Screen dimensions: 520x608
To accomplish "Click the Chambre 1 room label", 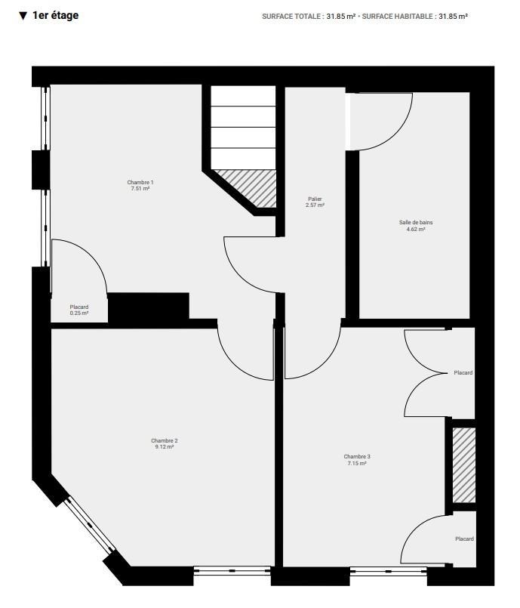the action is pyautogui.click(x=140, y=182).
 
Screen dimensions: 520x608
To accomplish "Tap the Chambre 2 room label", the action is pyautogui.click(x=165, y=440).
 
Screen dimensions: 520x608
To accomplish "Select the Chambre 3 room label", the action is pyautogui.click(x=357, y=456).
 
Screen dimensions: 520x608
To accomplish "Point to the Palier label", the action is pyautogui.click(x=315, y=199).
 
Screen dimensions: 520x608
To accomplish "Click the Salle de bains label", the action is pyautogui.click(x=416, y=223).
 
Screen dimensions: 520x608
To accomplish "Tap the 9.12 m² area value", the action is pyautogui.click(x=165, y=446).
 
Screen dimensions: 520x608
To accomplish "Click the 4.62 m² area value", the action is pyautogui.click(x=416, y=229).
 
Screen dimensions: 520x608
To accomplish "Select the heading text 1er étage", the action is pyautogui.click(x=56, y=16).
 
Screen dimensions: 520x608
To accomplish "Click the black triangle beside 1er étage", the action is pyautogui.click(x=23, y=16).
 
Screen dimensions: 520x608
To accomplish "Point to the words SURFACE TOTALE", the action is pyautogui.click(x=291, y=17).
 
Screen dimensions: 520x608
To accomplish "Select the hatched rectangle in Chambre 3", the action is pyautogui.click(x=464, y=465).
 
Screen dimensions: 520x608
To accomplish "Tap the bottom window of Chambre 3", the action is pyautogui.click(x=388, y=570).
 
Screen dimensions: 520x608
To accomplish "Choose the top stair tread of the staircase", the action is pyautogui.click(x=243, y=96).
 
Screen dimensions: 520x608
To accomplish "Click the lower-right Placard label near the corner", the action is pyautogui.click(x=464, y=539).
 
